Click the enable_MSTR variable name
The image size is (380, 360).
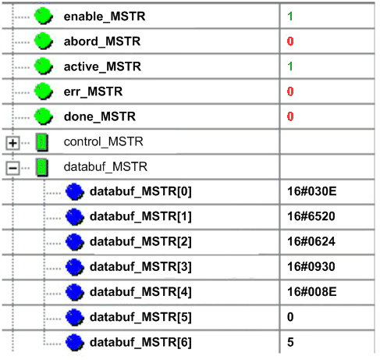[105, 16]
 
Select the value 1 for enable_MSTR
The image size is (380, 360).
[290, 16]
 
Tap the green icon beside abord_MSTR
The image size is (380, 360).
[44, 41]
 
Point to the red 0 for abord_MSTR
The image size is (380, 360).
[290, 41]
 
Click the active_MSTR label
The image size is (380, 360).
[102, 66]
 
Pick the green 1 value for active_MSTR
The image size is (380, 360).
[290, 66]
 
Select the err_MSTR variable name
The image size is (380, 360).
[93, 91]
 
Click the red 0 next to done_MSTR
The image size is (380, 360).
[290, 116]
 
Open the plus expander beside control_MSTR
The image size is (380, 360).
[12, 143]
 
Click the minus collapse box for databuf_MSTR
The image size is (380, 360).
[12, 168]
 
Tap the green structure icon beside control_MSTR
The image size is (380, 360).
[42, 142]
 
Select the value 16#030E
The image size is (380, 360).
[312, 191]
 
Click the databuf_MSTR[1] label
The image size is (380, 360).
[140, 216]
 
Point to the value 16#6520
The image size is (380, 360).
[311, 216]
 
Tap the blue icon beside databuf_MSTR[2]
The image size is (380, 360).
[75, 242]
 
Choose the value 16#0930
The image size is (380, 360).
[311, 267]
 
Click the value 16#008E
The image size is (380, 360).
[312, 292]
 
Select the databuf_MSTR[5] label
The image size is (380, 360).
[140, 317]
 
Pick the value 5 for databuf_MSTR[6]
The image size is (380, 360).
[290, 342]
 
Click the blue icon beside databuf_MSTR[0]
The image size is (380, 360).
[75, 191]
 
